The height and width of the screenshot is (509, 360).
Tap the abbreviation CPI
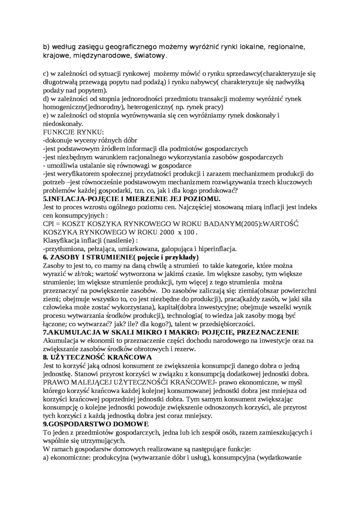pos(49,223)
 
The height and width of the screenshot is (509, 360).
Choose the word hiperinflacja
pos(215,249)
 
